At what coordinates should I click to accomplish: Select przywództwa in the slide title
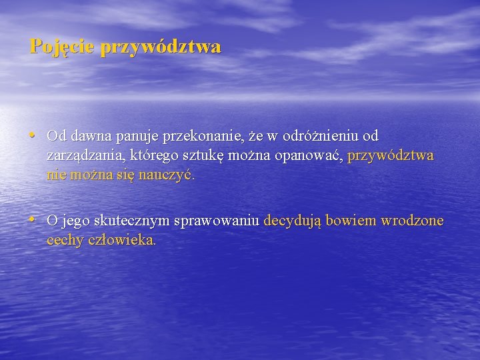point(161,47)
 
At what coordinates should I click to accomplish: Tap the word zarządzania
point(84,156)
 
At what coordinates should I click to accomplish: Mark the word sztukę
point(204,156)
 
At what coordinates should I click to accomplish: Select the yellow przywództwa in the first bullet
point(391,156)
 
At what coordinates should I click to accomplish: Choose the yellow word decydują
point(293,221)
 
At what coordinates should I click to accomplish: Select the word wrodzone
point(412,221)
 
